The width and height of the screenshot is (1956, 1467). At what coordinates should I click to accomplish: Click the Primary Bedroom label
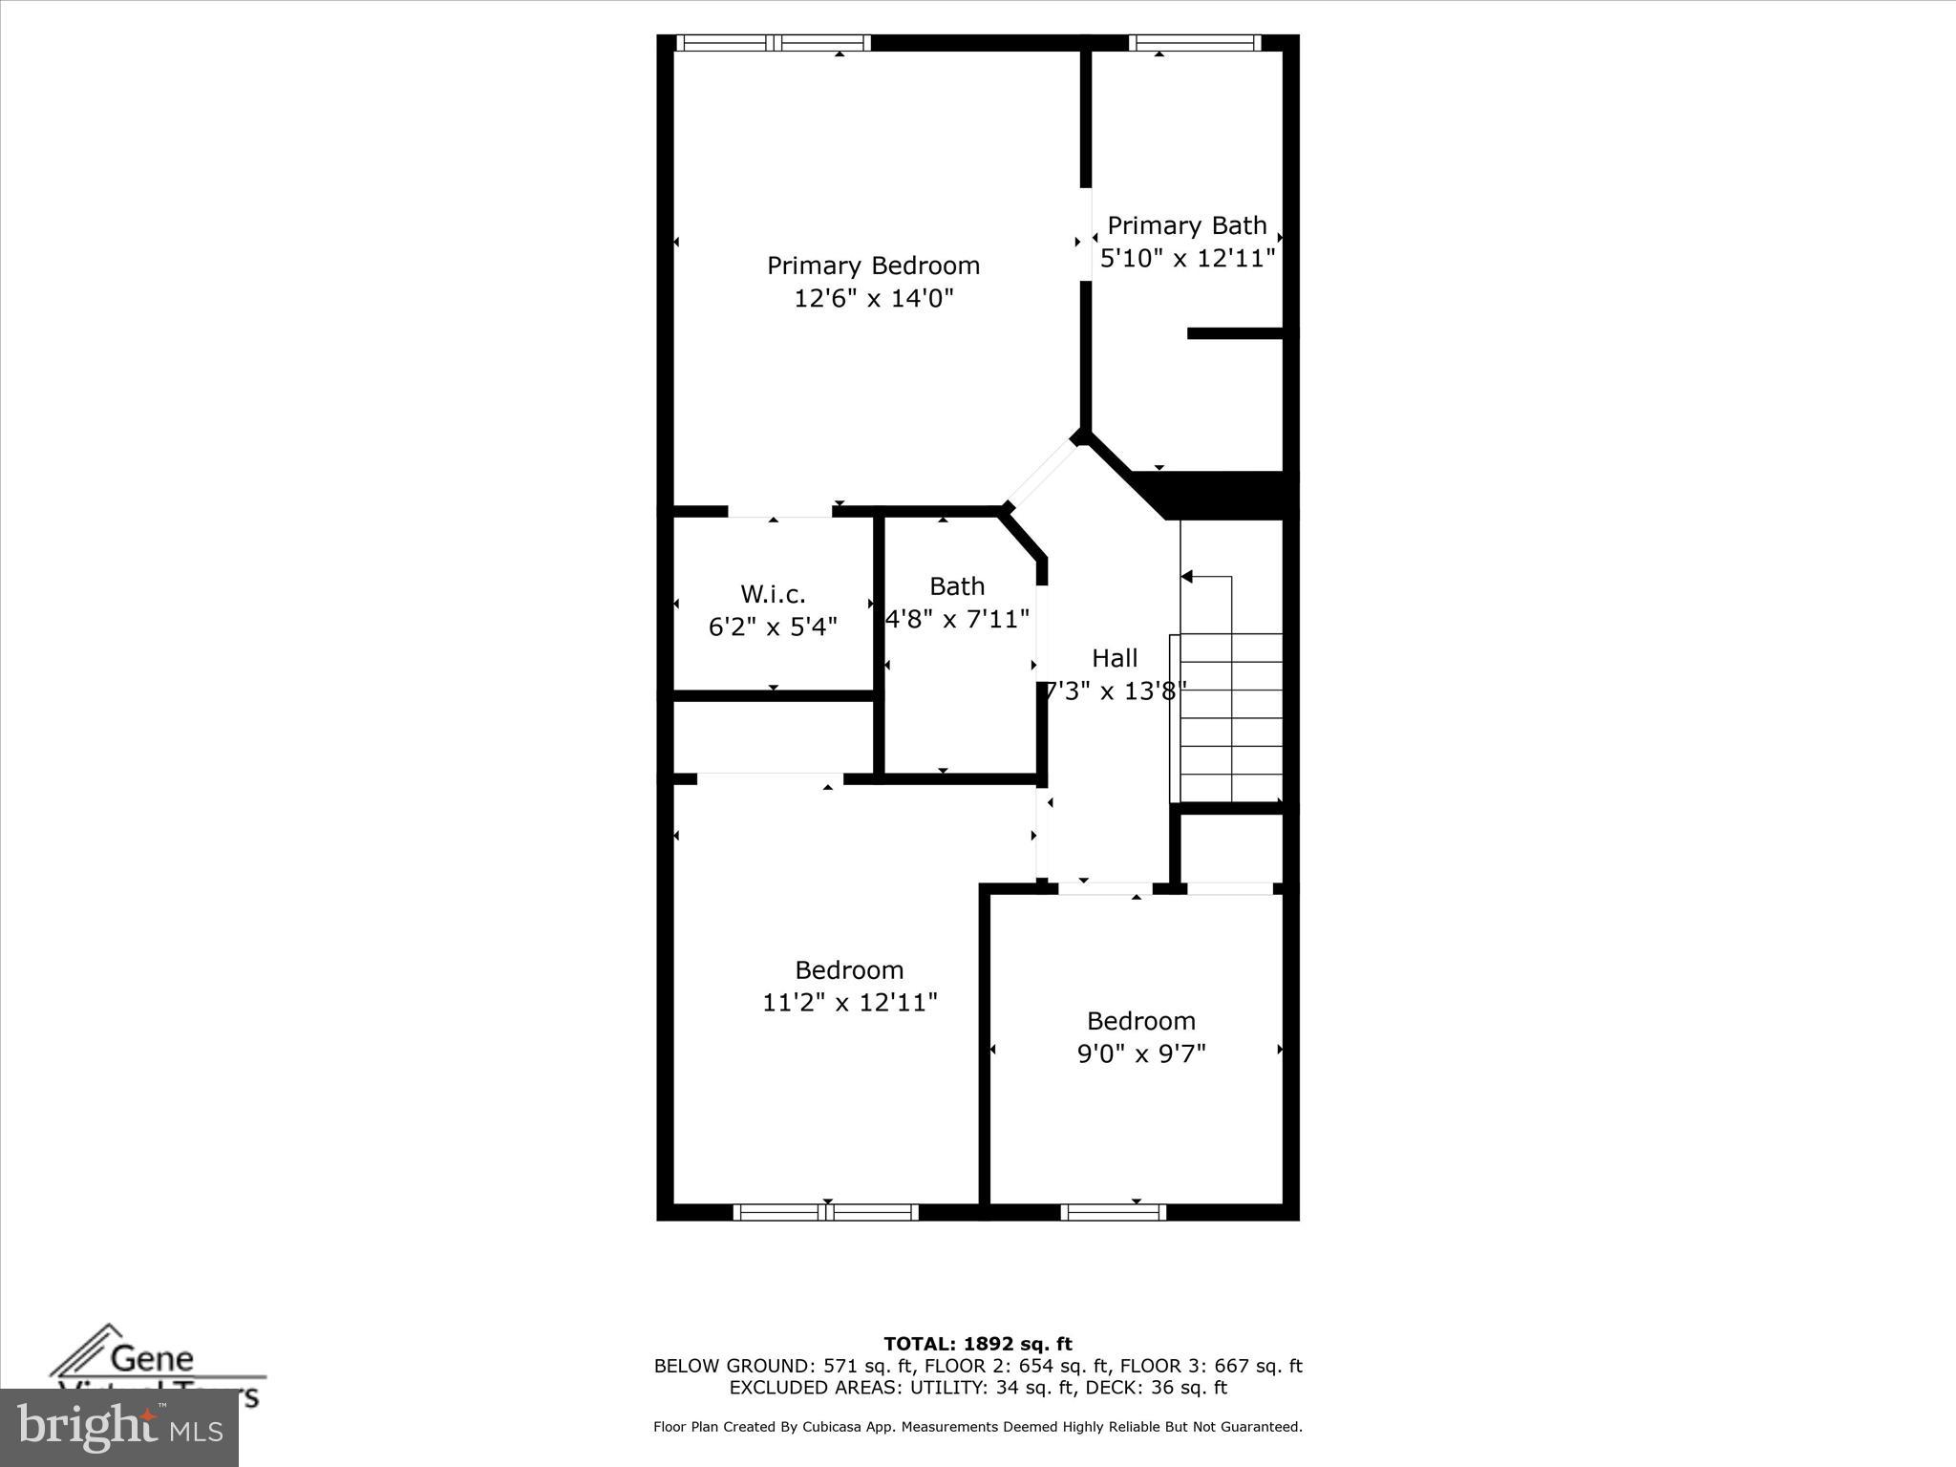point(873,266)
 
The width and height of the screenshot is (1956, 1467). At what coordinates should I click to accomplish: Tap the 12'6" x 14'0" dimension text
point(873,299)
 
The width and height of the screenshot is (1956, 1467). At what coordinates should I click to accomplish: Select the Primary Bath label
point(1186,226)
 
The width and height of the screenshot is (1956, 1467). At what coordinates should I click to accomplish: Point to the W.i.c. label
point(773,594)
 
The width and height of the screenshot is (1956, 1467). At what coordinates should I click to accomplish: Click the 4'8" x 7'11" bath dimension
point(957,620)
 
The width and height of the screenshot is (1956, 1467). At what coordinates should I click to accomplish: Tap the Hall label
point(1115,658)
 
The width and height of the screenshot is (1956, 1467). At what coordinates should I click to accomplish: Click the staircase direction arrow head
point(1187,577)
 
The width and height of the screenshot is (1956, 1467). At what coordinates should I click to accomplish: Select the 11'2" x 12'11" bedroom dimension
point(849,1003)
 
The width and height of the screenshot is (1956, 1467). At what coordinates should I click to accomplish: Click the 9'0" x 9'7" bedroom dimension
point(1141,1053)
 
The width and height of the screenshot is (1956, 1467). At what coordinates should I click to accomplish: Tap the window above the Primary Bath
point(1194,42)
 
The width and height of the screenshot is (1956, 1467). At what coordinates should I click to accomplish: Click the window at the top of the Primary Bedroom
point(774,42)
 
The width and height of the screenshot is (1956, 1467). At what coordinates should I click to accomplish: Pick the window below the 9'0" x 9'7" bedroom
point(1114,1212)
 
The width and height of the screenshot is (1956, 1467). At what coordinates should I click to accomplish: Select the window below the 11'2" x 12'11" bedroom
point(826,1212)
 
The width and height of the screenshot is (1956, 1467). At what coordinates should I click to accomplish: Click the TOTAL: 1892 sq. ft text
point(977,1345)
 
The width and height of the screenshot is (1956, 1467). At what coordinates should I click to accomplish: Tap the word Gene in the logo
point(153,1357)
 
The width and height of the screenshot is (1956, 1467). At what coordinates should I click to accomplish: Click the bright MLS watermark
point(118,1427)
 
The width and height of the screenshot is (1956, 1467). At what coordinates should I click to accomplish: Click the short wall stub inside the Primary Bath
point(1234,333)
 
